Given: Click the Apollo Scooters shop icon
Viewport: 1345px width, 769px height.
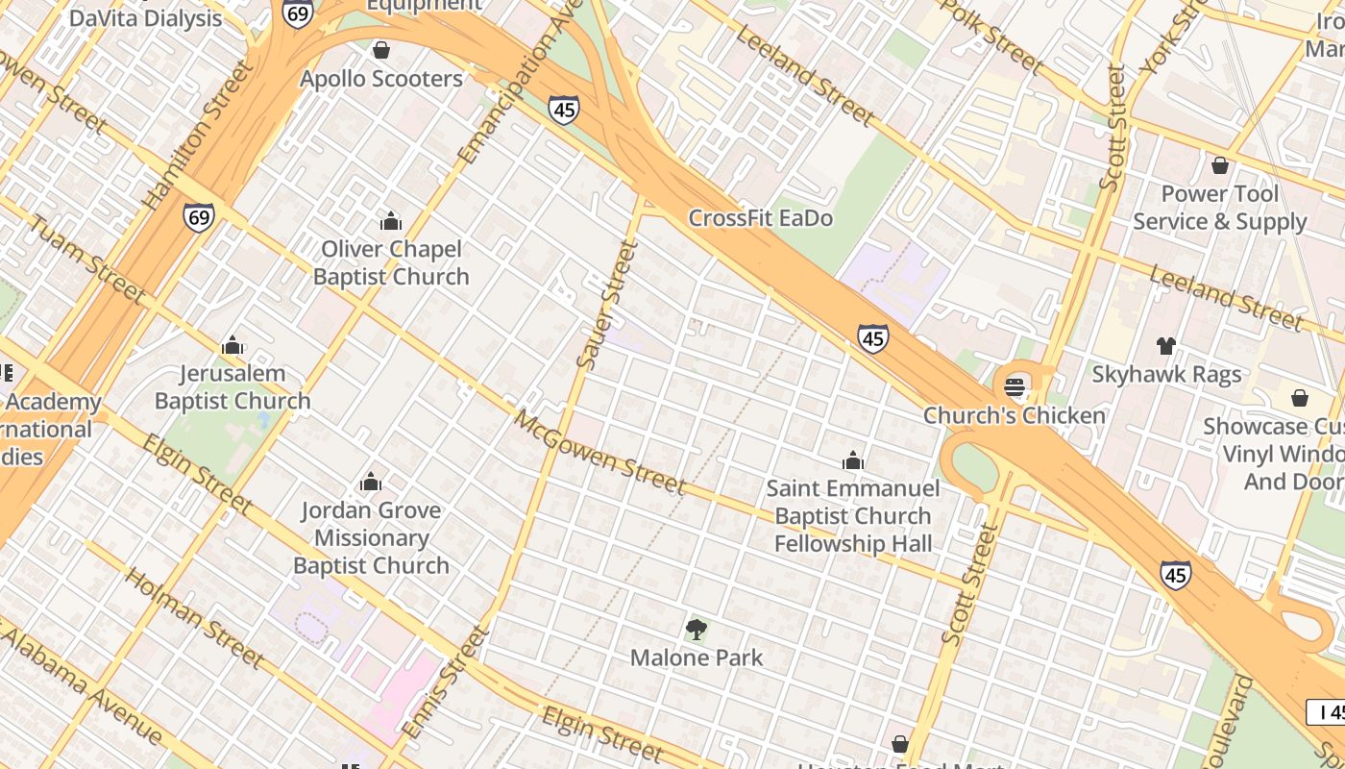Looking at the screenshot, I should coord(381,50).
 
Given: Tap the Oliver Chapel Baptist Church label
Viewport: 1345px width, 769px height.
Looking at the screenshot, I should coord(391,262).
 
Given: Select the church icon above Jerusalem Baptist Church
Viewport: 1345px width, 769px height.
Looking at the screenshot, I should coord(232,346).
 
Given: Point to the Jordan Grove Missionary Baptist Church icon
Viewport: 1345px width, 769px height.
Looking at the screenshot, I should coord(371,483).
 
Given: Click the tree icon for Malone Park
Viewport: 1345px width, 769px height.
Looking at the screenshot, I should coord(697,631).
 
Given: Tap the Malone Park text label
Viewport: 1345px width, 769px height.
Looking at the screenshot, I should coord(697,658).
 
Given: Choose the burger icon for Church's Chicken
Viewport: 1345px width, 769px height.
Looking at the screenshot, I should coord(1015,387).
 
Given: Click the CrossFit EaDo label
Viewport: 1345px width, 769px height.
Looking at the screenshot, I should coord(760,218).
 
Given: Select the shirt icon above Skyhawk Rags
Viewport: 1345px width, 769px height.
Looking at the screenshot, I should coord(1166,346).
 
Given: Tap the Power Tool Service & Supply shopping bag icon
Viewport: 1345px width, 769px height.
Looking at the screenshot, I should coord(1220,165).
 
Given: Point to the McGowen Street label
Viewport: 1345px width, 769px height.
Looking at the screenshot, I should coord(600,453).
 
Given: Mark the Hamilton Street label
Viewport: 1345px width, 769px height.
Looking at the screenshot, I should coord(198,135).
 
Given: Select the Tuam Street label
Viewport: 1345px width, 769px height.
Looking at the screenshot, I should coord(86,260).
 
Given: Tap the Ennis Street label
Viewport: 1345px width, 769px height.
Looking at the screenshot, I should coord(446,682).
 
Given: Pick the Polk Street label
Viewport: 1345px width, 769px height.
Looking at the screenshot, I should coord(991,36).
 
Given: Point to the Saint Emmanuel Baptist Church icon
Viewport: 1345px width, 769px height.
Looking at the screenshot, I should coord(853,461).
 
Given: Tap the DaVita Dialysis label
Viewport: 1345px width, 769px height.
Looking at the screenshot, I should coord(145,17).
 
